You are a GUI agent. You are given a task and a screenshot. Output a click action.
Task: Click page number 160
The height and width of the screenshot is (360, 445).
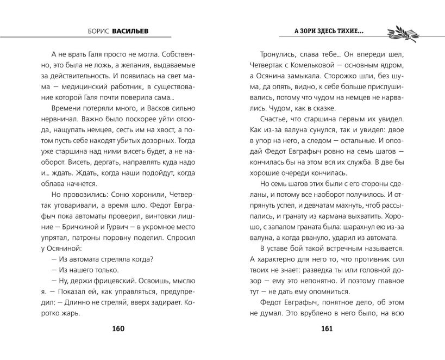tap(118, 329)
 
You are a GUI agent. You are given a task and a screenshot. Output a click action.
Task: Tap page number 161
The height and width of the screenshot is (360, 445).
tap(327, 329)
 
